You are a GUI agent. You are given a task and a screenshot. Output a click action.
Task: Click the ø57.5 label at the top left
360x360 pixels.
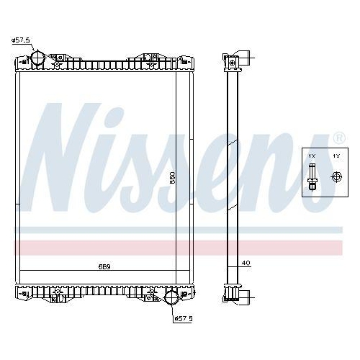[21, 40]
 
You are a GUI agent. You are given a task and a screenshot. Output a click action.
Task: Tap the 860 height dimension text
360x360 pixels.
[171, 179]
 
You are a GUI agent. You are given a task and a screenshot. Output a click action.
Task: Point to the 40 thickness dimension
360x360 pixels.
[246, 264]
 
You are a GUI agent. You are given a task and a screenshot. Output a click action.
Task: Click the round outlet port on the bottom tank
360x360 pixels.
[171, 298]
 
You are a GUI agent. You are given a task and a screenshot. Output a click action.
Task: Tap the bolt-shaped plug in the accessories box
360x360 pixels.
[312, 176]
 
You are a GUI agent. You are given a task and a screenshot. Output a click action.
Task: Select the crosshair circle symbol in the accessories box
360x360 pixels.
[335, 176]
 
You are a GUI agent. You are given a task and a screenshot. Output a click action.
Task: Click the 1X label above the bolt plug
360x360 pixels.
[312, 156]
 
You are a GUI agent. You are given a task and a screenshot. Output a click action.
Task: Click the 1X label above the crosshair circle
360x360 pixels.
[335, 156]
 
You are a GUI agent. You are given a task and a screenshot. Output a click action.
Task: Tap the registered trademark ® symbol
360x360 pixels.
[339, 137]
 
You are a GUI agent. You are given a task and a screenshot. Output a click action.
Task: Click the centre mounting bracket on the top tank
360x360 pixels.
[150, 58]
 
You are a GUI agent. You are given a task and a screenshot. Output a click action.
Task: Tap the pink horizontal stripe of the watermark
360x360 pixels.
[180, 247]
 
